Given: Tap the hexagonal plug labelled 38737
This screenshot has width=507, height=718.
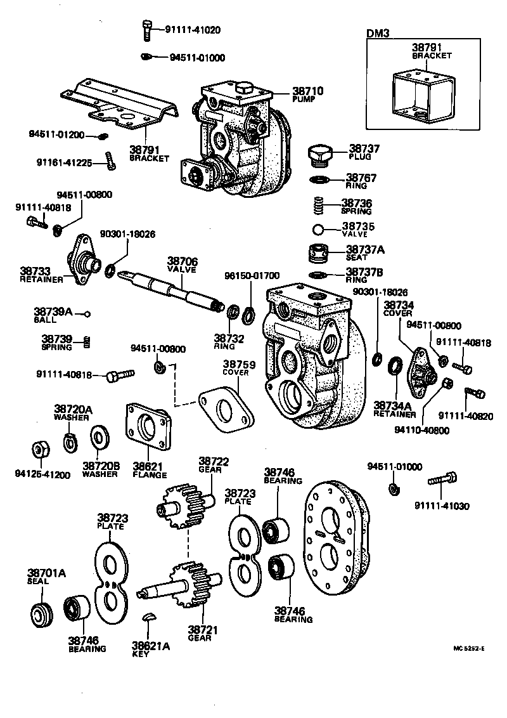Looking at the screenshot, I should tap(319, 155).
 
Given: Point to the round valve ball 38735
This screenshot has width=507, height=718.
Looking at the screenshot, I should tap(320, 228).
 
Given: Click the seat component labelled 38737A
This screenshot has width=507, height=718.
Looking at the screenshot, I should tap(320, 254).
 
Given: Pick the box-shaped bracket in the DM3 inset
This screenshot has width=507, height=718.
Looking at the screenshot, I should tap(421, 95).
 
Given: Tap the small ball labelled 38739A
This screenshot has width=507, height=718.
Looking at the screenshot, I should tap(88, 313).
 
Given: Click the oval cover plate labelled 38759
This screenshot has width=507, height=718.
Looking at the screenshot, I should tap(226, 411).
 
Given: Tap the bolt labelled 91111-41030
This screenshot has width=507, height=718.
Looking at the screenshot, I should tap(442, 480).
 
